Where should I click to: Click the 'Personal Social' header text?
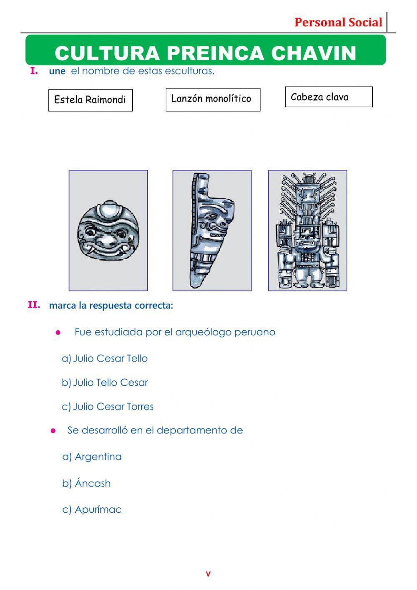pos(338,23)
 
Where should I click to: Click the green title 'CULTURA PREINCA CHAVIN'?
pos(205,53)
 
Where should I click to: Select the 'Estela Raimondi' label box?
pos(90,100)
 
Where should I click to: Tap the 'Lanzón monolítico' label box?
pos(213,99)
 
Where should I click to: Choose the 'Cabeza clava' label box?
pos(329,97)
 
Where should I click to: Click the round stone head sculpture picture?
pos(108,230)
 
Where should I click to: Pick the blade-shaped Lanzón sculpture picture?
pos(212,230)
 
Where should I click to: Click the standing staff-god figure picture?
pos(307,230)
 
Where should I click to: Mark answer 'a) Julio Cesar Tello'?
pos(105,359)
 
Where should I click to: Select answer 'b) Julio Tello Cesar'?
pos(105,382)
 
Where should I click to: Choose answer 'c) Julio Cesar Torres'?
pos(108,407)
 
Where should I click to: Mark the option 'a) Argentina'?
pos(92,457)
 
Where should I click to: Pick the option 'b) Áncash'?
pos(87,484)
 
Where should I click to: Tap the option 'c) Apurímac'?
pos(92,510)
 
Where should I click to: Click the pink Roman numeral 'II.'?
pos(34,305)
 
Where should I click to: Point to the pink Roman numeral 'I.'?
pos(34,71)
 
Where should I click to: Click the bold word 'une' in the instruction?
pos(57,71)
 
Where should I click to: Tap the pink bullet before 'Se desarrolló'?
pos(53,431)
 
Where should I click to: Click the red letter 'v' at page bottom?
pos(208,574)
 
